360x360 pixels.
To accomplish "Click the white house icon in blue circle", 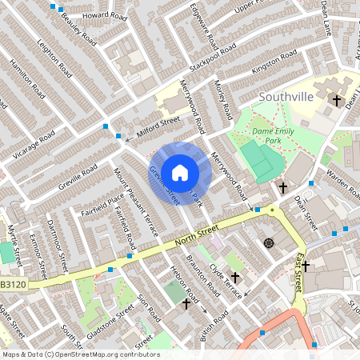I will coord(180,172).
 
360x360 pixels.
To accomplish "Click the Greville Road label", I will coord(78,177).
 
